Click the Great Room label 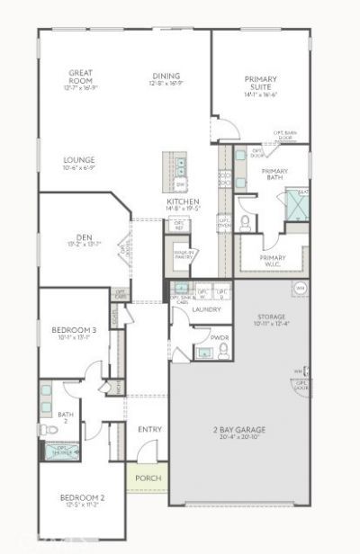tap(83, 76)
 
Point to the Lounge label tap(79, 160)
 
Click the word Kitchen tap(183, 201)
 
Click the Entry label tap(148, 429)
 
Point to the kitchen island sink tap(181, 165)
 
